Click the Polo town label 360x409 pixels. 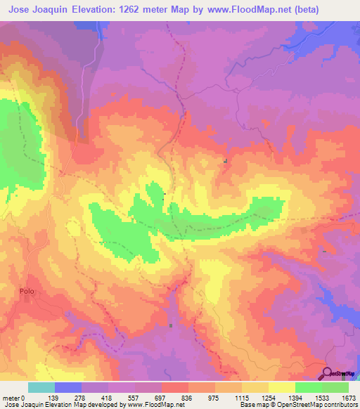[x=27, y=290]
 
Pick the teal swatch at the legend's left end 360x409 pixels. [x=41, y=387]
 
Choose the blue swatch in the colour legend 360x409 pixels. [x=68, y=387]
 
